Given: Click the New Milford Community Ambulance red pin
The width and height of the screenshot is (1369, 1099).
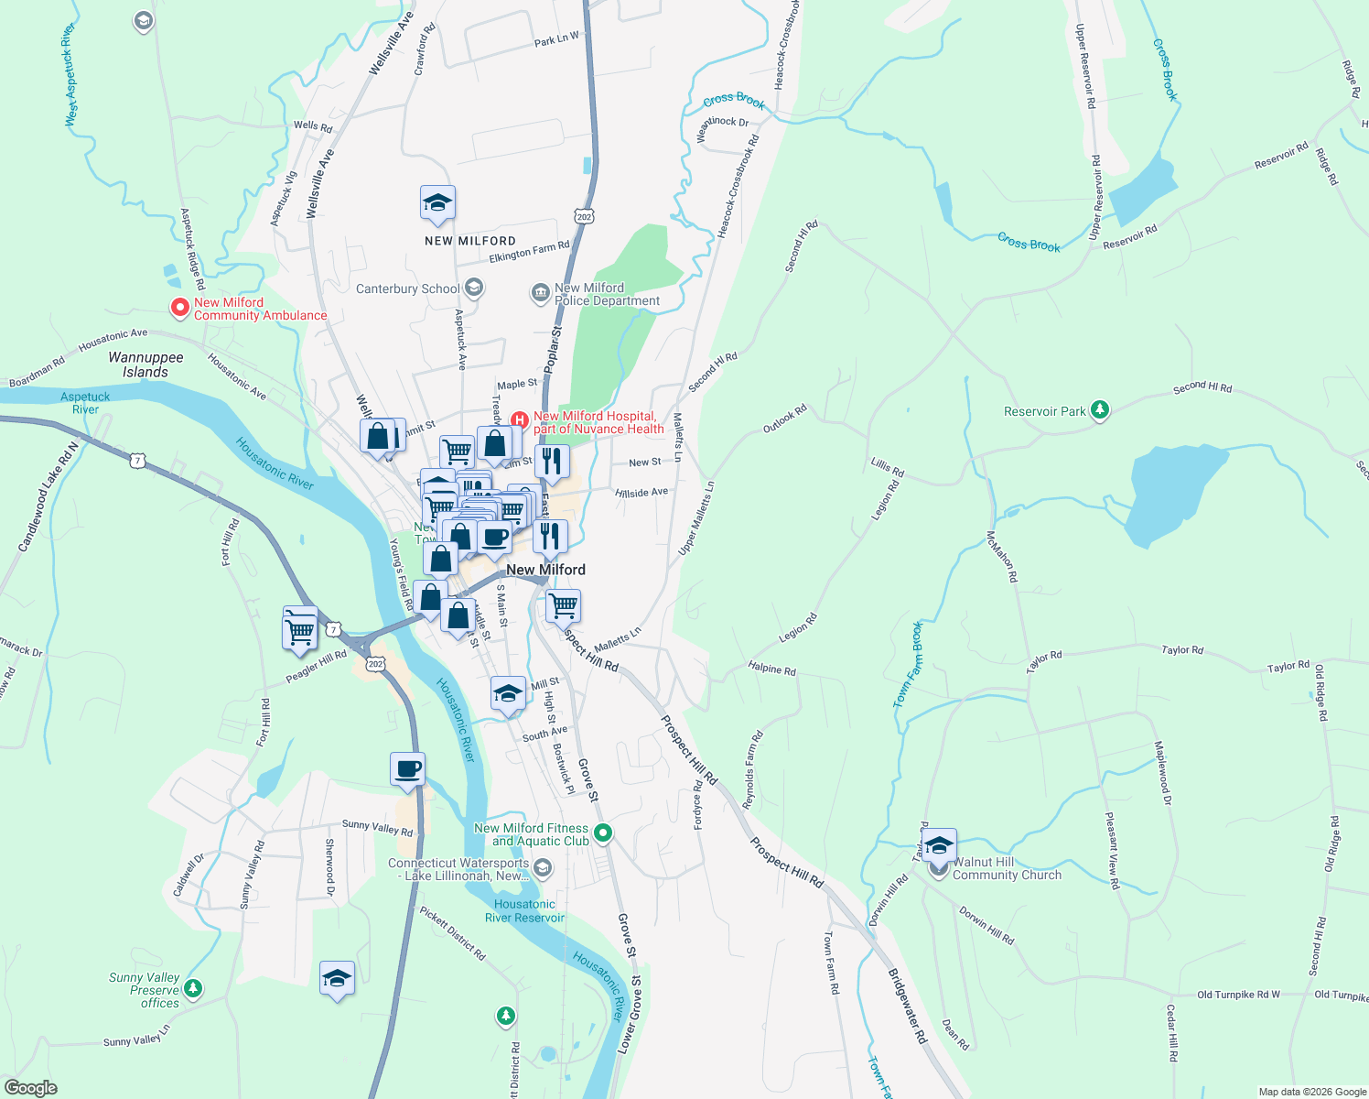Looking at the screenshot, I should (179, 308).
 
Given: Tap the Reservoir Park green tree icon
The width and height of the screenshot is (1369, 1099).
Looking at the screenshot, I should (1100, 410).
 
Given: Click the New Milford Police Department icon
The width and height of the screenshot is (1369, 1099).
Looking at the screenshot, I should (540, 294).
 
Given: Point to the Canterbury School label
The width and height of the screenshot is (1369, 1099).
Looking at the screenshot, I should (407, 288).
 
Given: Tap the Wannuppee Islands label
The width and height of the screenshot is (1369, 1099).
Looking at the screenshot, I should (146, 365).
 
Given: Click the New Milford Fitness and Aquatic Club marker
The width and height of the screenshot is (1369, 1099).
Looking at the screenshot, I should (602, 833).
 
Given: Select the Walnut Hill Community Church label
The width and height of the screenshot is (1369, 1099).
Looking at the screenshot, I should (1007, 868).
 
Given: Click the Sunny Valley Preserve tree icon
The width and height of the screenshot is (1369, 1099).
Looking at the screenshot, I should (192, 988).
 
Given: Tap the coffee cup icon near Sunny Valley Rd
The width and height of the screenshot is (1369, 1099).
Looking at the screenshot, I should (407, 769).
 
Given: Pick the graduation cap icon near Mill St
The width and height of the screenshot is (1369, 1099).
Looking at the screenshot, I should (508, 693).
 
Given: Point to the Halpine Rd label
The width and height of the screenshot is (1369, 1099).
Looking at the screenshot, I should (771, 669).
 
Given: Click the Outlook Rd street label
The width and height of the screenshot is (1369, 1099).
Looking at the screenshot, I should (784, 419).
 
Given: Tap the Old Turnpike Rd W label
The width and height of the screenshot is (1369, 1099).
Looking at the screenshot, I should (1238, 995).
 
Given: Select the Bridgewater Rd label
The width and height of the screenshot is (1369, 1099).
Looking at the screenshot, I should (907, 1006).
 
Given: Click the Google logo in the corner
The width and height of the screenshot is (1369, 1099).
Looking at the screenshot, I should (30, 1088).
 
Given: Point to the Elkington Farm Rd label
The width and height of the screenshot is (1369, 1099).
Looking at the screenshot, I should (529, 251).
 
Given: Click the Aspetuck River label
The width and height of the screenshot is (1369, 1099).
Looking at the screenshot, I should (85, 403).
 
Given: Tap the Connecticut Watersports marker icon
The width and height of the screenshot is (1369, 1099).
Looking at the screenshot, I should (543, 867).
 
